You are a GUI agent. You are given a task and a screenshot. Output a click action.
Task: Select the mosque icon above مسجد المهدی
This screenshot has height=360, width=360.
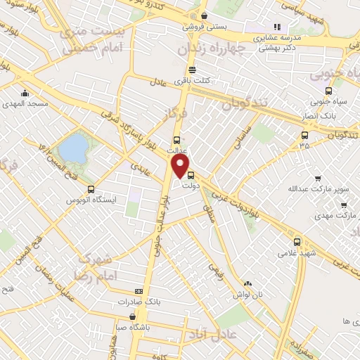coord(25,94)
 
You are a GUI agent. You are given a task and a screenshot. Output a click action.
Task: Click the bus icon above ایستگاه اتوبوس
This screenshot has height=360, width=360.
coord(91,189)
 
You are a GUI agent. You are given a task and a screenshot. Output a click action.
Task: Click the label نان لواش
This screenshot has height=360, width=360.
coord(248,294)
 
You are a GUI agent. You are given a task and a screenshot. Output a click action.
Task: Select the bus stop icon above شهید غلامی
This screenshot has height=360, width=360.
coord(297,240)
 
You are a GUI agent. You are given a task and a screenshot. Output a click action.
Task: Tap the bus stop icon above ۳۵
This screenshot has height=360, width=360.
coord(304,135)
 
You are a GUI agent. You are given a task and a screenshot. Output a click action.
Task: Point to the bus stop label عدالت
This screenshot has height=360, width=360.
coord(176,150)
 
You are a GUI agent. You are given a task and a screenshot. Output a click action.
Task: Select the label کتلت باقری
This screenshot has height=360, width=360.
coord(192,82)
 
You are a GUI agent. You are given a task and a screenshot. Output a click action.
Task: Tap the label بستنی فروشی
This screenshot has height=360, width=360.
coord(202,27)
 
